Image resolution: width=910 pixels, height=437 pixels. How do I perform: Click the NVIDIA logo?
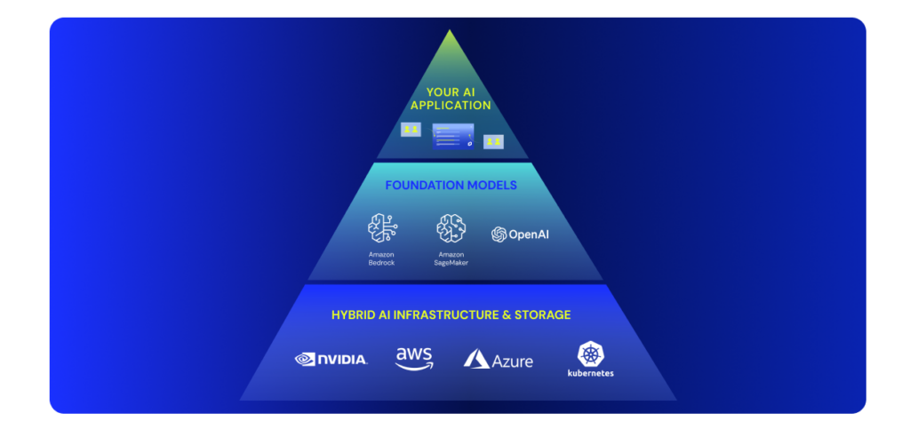click(331, 359)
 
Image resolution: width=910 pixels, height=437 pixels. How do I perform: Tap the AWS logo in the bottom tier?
click(414, 358)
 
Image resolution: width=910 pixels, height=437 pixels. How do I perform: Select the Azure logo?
click(499, 359)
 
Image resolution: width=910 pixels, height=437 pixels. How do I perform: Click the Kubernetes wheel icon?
click(590, 354)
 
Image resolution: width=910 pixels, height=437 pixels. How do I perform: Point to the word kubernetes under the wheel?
click(590, 373)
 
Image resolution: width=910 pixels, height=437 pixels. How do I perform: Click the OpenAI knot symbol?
click(499, 234)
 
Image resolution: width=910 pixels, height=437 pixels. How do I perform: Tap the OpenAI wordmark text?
click(529, 234)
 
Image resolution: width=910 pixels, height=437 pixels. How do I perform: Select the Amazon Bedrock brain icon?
click(381, 228)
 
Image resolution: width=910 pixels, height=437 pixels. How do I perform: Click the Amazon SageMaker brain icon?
click(451, 228)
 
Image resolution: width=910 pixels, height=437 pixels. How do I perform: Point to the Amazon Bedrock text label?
click(381, 258)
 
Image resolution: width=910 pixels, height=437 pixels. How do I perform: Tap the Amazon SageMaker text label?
click(451, 258)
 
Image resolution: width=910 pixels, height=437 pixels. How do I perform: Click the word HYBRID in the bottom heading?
click(353, 314)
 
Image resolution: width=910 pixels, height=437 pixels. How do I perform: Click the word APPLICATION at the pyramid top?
click(451, 106)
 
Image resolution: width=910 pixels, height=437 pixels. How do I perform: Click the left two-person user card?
click(410, 130)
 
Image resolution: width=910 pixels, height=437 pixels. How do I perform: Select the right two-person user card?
click(493, 141)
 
